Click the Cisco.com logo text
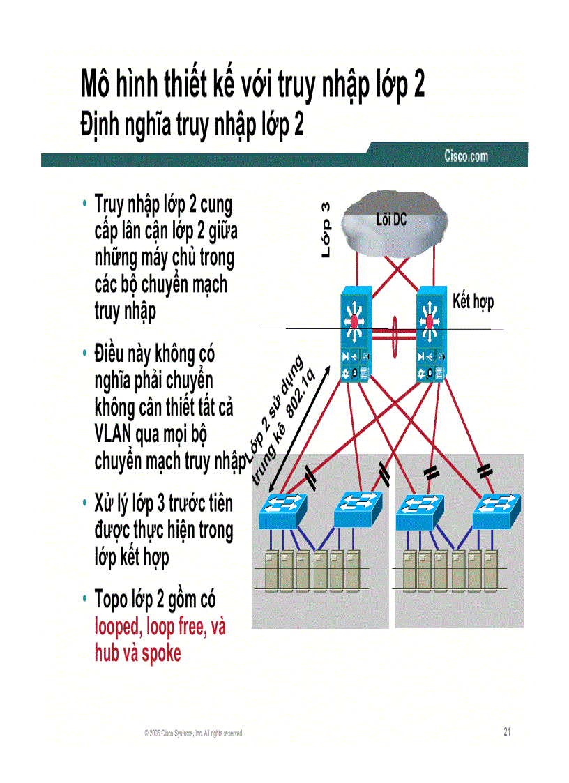466,155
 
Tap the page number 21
507,731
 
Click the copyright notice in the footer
194,733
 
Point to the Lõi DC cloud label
390,220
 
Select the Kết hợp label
473,302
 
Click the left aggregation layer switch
357,335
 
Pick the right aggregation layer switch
433,335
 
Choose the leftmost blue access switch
284,512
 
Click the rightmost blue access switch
496,512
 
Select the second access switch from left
358,510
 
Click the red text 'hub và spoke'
137,653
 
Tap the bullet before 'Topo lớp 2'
84,600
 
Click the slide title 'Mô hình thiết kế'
252,86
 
